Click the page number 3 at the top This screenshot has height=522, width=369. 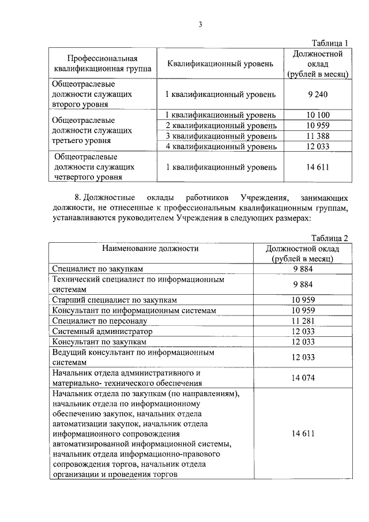coord(199,24)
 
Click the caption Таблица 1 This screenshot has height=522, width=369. coord(330,43)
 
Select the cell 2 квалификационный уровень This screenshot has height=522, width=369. coord(220,125)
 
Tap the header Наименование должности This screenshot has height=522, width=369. coord(150,249)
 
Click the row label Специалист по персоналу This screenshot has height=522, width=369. coord(100,320)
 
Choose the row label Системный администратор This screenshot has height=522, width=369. coord(102,331)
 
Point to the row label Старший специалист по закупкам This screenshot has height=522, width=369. coord(114,300)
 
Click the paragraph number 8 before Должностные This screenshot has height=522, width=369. coord(78,198)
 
